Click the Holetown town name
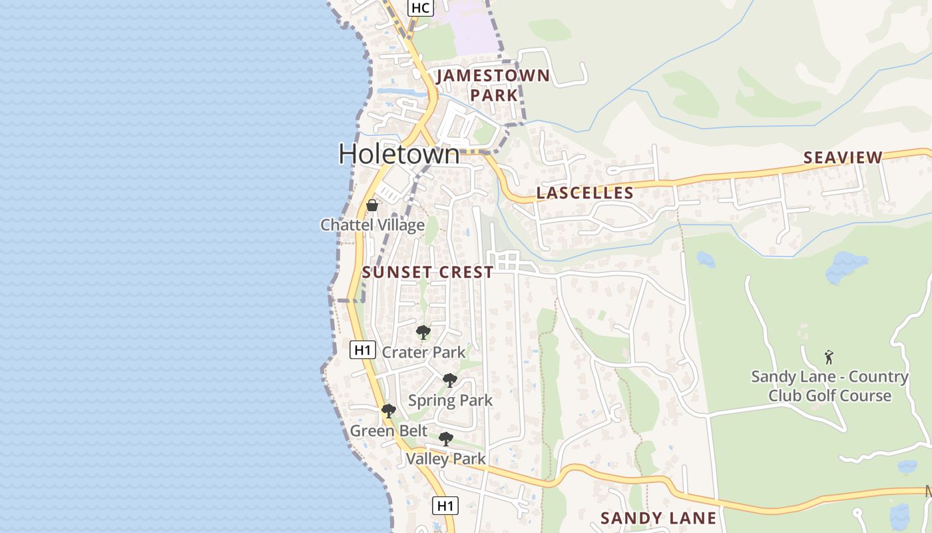pos(399,155)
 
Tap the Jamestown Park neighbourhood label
pos(493,85)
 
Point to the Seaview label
pos(843,158)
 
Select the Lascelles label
pos(584,193)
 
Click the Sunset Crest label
pos(428,272)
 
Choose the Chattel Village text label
pos(372,225)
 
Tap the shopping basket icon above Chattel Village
pos(372,205)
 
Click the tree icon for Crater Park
pos(423,332)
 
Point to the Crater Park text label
pos(423,352)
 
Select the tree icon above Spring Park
pos(450,380)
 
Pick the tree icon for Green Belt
pos(389,411)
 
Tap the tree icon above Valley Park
pos(446,439)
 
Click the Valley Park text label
pos(445,459)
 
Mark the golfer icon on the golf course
pos(829,357)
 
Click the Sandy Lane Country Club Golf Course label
pos(829,386)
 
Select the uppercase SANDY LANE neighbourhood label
pos(658,518)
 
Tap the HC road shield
pos(421,8)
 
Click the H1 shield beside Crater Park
pos(362,350)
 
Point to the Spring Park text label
pos(450,400)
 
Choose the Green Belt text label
pos(389,431)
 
